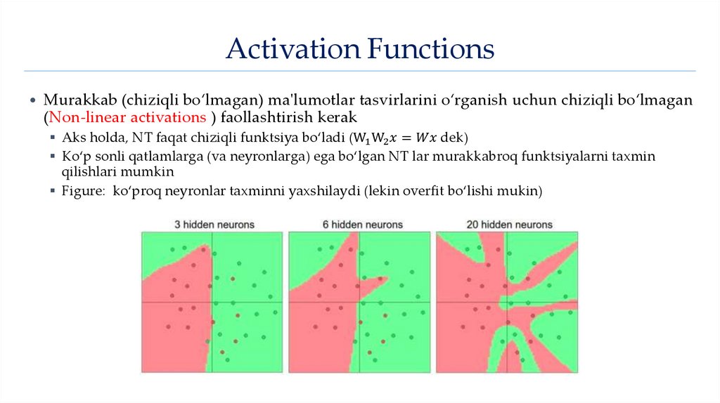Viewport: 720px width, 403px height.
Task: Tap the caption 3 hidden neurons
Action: [214, 225]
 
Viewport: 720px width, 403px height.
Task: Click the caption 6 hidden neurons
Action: [363, 225]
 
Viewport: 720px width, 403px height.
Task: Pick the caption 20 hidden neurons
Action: [509, 225]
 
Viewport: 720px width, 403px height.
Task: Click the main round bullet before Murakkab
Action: [32, 101]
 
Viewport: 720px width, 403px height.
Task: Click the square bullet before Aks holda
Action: [53, 136]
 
